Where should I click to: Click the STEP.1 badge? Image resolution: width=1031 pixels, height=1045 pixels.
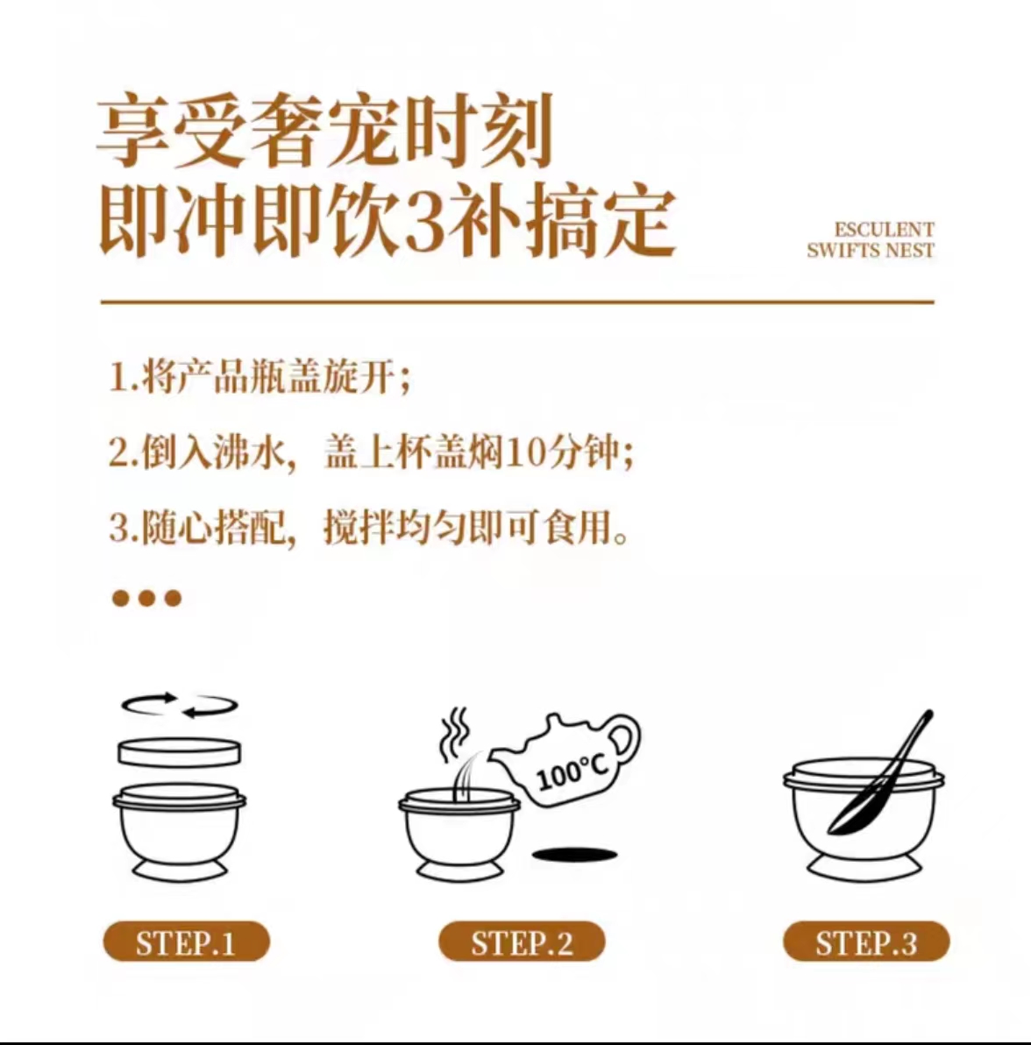(186, 942)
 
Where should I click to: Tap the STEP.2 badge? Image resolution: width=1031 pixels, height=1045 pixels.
(521, 942)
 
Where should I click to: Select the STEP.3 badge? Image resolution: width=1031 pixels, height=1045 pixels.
(865, 942)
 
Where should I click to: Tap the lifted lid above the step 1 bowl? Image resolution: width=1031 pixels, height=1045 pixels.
(180, 752)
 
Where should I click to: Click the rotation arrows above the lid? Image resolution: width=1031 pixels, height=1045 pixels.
(180, 705)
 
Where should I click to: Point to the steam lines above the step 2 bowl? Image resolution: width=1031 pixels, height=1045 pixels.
(455, 735)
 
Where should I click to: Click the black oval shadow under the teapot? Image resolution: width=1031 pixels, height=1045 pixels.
(574, 854)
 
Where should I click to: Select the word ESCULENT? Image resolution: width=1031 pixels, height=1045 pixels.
(884, 230)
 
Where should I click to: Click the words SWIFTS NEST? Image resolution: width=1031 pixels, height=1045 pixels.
(871, 250)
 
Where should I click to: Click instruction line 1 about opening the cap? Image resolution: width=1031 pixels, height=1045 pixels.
(260, 378)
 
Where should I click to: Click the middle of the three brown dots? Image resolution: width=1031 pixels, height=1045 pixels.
(146, 598)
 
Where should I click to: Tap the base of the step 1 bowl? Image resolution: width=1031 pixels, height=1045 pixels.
(180, 871)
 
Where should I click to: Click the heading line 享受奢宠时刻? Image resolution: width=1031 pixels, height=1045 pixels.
(325, 129)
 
